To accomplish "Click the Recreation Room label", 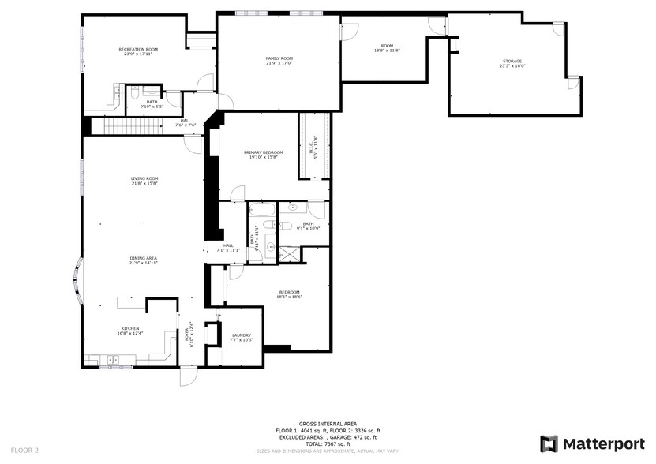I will (139, 50).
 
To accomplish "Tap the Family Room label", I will (279, 58).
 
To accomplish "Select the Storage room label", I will (512, 62).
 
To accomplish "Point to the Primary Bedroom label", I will (263, 152).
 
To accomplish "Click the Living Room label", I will (144, 179).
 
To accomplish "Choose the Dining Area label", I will (144, 258).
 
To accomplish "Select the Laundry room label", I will (241, 335).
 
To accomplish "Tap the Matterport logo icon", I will (549, 443).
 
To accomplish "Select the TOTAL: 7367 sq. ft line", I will (325, 443).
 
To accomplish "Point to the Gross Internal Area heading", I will (325, 425).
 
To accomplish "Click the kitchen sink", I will (113, 359).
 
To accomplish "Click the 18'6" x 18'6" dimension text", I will (288, 297).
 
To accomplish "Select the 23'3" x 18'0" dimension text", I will (512, 66).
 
